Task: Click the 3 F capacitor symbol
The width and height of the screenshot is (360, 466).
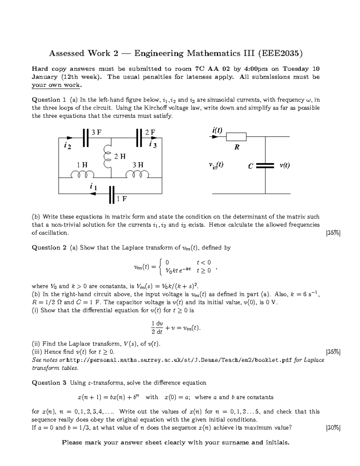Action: tap(86, 138)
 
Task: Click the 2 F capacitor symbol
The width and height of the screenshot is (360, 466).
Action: tap(139, 138)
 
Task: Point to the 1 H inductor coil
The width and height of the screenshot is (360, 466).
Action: tap(82, 174)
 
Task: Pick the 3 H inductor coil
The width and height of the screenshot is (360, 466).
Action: tap(137, 174)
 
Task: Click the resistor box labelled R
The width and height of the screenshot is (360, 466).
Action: tap(236, 137)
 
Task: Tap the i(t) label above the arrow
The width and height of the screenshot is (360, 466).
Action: tap(217, 130)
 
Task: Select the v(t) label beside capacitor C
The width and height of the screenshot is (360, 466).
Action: tap(284, 165)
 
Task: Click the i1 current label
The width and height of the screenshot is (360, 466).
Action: tap(93, 187)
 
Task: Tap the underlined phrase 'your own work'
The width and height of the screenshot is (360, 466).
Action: tap(56, 85)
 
